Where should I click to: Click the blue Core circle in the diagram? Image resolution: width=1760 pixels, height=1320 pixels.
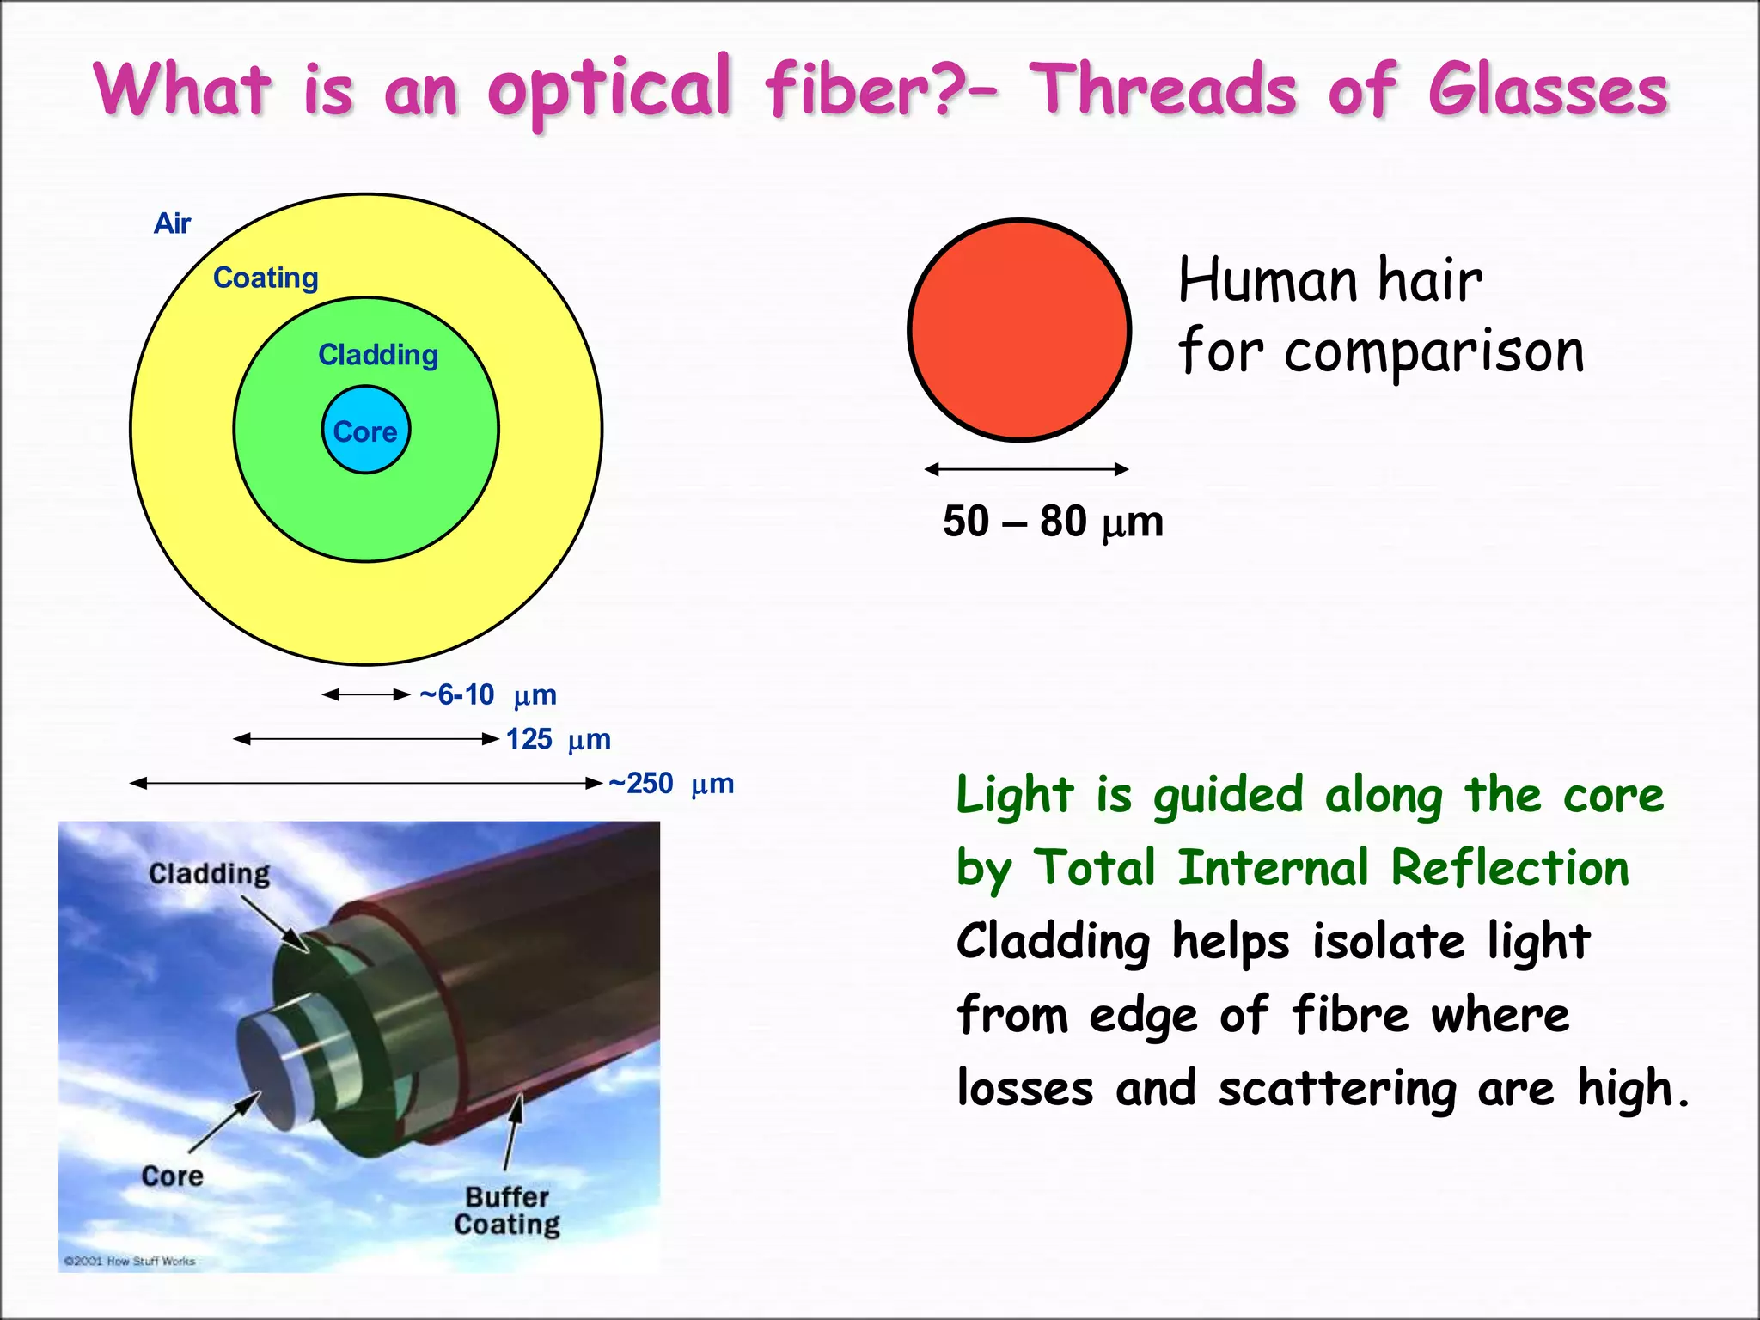coord(365,430)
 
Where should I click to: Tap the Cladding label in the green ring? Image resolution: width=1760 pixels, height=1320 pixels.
coord(378,355)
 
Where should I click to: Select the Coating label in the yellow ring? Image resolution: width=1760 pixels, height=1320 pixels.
coord(266,278)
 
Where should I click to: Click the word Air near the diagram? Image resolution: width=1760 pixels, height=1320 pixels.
coord(172,223)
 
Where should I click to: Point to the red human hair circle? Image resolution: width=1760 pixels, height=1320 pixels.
coord(1019,330)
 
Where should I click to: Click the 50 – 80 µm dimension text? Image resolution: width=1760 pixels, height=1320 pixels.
coord(1053,522)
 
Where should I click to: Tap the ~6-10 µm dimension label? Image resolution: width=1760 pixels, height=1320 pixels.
coord(487,694)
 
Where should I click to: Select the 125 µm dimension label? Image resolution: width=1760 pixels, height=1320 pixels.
coord(558,739)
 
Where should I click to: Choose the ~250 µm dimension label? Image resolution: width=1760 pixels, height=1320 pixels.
coord(670,784)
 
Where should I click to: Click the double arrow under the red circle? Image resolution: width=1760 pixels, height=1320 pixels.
coord(1026,469)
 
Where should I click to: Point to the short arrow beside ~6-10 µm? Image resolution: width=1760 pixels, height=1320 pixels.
coord(366,694)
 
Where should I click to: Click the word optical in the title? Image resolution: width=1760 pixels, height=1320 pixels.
coord(609,89)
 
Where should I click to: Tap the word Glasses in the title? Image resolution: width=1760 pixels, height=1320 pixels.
coord(1548,91)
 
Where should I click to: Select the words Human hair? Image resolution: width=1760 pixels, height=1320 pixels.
coord(1330,280)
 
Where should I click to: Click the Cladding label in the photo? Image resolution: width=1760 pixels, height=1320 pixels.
coord(209,874)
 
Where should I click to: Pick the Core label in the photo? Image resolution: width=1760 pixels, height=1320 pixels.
coord(172,1176)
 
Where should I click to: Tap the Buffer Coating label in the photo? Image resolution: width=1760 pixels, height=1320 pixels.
coord(507,1210)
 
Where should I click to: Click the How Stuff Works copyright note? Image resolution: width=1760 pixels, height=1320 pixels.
coord(130,1261)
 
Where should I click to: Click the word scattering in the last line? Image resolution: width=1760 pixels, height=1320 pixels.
coord(1338,1089)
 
